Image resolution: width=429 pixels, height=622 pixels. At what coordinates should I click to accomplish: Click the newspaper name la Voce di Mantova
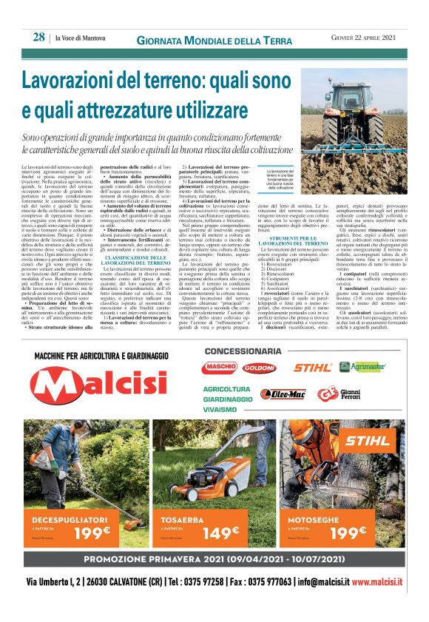pos(81,38)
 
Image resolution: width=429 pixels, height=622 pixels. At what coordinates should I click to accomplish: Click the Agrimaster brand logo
pos(368,367)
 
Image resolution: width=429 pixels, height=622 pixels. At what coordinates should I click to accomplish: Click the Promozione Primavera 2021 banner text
pos(214,559)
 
